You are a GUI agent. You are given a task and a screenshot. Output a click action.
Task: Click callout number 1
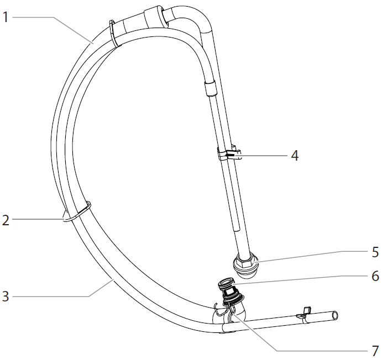(x=6, y=17)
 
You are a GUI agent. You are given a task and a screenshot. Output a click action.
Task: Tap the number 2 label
(x=6, y=220)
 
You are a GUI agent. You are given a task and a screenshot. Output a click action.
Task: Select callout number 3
(x=6, y=297)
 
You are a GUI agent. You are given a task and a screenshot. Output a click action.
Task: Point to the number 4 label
(x=295, y=156)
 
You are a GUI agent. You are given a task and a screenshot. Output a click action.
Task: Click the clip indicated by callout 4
(x=230, y=153)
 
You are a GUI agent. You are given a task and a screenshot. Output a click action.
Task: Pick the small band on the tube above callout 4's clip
(x=210, y=88)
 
